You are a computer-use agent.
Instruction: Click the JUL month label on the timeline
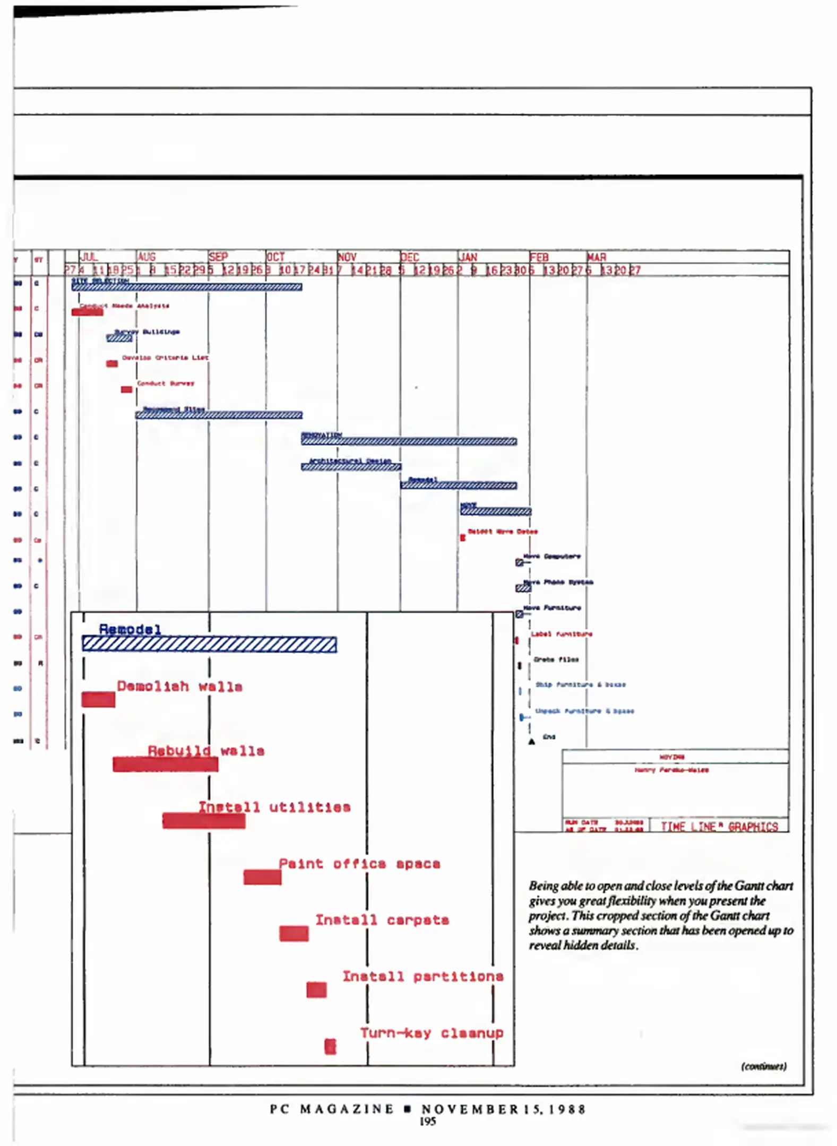pos(89,257)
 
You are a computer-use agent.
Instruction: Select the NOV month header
pos(347,257)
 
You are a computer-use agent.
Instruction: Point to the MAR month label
pos(597,257)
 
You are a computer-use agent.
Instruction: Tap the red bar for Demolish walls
pos(98,699)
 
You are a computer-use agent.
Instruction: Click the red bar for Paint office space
pos(262,877)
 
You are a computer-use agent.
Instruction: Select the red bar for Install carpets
pos(294,934)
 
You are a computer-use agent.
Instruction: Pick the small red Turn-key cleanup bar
pos(330,1046)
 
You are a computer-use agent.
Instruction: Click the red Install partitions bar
pos(316,990)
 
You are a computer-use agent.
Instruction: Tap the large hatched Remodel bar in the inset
pos(209,644)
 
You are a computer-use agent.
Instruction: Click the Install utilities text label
pos(274,807)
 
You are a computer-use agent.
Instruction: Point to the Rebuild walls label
pos(206,751)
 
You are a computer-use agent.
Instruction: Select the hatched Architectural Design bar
pos(351,467)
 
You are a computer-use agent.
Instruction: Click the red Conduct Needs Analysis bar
pos(87,312)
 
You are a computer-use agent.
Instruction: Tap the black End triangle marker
pos(531,742)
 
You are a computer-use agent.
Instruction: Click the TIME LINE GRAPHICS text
pos(719,827)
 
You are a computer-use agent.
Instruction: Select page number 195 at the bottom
pos(427,1122)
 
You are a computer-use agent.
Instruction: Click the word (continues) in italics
pos(764,1066)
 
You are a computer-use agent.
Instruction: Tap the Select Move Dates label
pos(502,532)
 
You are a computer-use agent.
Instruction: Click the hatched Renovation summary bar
pos(409,441)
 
